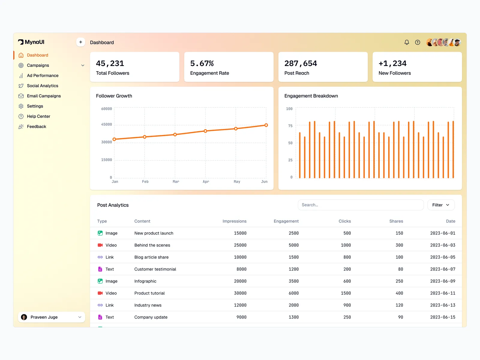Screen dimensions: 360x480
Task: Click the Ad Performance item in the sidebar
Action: pos(43,76)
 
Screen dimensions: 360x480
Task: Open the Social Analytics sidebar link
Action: pos(42,86)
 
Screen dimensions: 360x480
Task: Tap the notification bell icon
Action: pos(406,42)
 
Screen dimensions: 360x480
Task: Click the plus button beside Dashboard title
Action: pos(81,42)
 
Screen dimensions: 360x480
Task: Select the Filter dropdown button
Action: pos(441,205)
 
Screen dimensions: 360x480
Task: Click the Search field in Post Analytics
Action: pos(360,205)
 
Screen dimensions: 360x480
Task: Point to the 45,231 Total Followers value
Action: pos(110,64)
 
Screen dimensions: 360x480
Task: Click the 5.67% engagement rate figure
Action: pos(202,64)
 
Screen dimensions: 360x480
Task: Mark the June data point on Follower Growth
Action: pos(266,125)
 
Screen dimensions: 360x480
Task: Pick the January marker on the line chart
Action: pos(114,139)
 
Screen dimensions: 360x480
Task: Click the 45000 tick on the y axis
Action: pos(106,124)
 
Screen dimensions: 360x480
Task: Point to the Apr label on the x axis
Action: pos(206,181)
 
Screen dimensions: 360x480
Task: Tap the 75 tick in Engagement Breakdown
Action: pos(290,126)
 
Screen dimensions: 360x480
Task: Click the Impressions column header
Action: pos(234,221)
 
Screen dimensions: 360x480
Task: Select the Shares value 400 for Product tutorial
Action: pos(399,293)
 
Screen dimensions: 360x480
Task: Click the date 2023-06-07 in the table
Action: pos(442,269)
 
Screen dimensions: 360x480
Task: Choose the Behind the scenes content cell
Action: pos(152,245)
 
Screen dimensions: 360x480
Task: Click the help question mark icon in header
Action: pos(417,42)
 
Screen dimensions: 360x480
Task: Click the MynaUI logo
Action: pos(31,42)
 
